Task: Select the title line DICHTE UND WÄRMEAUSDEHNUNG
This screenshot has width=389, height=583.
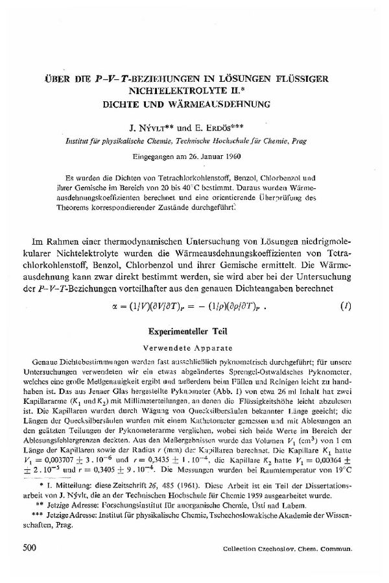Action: tap(194, 103)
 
